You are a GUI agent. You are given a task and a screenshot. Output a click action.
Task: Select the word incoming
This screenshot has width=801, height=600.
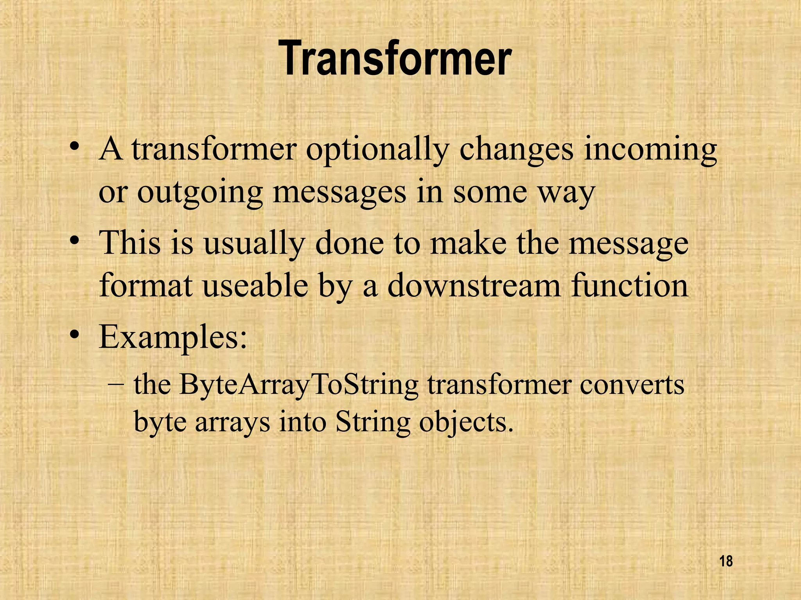pos(650,150)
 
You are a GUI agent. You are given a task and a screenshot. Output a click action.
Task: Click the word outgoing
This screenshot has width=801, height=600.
pos(200,193)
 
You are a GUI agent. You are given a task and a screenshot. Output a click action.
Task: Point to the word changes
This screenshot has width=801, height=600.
pos(516,150)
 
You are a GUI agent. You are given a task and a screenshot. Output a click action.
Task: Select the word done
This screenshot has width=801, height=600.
pos(349,243)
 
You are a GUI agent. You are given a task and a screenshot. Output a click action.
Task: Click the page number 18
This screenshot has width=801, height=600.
pos(726,562)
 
